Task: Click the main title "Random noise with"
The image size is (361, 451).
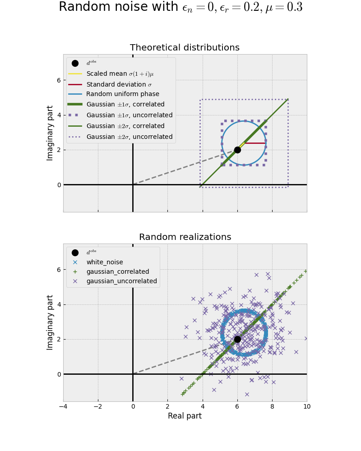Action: tap(118, 8)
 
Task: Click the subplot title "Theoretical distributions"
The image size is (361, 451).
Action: tap(185, 48)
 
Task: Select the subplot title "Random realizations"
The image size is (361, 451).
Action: tap(185, 237)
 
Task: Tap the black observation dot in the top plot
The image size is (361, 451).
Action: tap(237, 150)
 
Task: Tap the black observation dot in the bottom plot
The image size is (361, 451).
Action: tap(237, 339)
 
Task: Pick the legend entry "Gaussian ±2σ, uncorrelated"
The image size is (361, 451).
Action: tap(129, 137)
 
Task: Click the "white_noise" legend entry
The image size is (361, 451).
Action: tap(104, 262)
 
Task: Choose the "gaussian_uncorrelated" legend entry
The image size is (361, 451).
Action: tap(121, 281)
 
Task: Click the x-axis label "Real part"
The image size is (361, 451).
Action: tap(185, 416)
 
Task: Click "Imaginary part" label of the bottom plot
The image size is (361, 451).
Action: tap(51, 322)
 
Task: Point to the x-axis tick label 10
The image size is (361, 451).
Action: tap(307, 406)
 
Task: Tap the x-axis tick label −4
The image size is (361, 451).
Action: tap(63, 406)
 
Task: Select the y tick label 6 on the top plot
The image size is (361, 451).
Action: tap(58, 80)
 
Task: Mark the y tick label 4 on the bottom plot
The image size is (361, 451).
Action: tap(58, 304)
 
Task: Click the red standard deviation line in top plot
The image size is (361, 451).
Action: tap(255, 143)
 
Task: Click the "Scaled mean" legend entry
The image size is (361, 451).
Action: tap(120, 74)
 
